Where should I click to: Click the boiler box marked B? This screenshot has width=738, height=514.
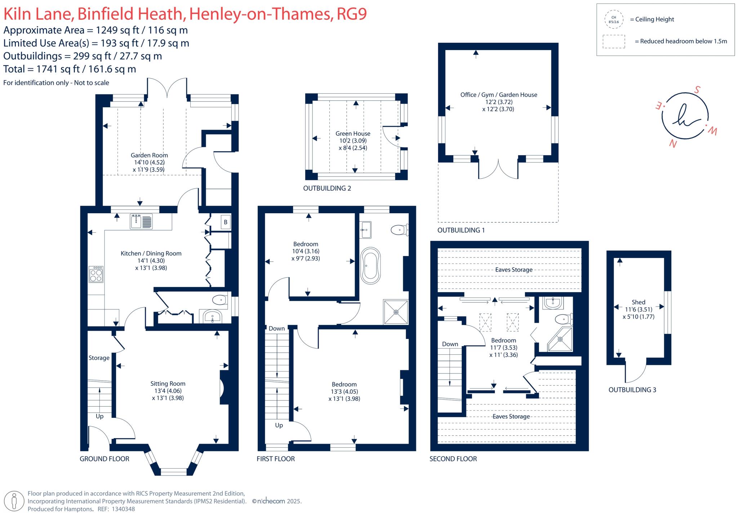point(226,222)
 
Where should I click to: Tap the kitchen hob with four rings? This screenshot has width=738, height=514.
point(96,274)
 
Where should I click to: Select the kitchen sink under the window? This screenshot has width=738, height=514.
point(142,221)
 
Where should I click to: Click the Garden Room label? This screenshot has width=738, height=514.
point(149,155)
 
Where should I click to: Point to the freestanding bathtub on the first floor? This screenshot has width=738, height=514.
point(370,266)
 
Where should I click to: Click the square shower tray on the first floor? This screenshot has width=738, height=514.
point(396,312)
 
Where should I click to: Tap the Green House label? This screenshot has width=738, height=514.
point(353,134)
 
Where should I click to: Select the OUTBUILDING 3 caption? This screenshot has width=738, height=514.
point(632,390)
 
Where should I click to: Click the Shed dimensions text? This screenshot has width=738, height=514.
point(638,313)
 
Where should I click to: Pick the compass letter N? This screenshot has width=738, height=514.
point(672,144)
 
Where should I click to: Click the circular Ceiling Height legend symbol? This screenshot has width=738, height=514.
point(614,19)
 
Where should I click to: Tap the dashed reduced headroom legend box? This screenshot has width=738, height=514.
point(614,41)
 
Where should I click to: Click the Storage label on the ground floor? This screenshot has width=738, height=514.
point(99,358)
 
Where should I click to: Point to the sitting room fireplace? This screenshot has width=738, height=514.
point(222,389)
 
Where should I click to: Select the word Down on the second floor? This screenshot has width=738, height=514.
point(450,344)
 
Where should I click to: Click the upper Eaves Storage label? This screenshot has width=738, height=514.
point(514,270)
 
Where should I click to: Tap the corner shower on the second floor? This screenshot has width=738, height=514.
point(561,339)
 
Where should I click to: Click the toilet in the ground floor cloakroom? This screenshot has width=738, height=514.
point(219,300)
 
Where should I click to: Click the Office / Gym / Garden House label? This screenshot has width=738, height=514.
point(498,95)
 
